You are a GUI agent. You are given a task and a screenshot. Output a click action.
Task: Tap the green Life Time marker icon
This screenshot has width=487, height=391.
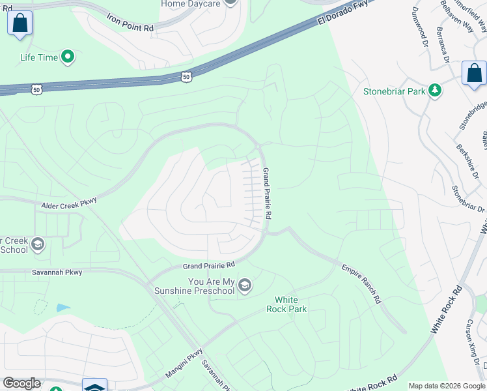pyautogui.click(x=67, y=57)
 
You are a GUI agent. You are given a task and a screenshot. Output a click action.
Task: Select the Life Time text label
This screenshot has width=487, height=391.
pyautogui.click(x=39, y=57)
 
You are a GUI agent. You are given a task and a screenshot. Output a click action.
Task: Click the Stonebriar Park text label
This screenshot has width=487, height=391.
pyautogui.click(x=395, y=91)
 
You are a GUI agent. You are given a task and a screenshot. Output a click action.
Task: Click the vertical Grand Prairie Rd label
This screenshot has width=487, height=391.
pyautogui.click(x=266, y=193)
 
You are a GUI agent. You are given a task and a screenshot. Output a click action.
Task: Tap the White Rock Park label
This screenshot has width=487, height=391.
pyautogui.click(x=286, y=304)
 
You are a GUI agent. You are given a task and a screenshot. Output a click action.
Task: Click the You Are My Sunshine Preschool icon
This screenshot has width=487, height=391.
pyautogui.click(x=245, y=285)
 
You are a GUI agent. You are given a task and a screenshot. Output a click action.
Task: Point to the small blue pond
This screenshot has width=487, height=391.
pyautogui.click(x=63, y=308)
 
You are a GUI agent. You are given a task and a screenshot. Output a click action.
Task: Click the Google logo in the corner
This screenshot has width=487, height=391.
pyautogui.click(x=21, y=383)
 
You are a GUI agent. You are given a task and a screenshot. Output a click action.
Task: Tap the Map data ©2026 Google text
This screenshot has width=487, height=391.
pyautogui.click(x=446, y=386)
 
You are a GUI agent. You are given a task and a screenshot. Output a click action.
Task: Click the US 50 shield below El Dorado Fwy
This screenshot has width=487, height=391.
pyautogui.click(x=187, y=76)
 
